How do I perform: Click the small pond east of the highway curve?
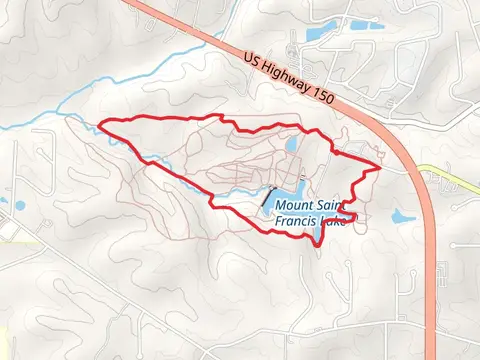tap(402, 215)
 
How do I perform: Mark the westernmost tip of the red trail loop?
tap(97, 125)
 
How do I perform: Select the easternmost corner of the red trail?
tap(381, 166)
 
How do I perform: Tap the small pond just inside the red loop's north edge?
tap(291, 144)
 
